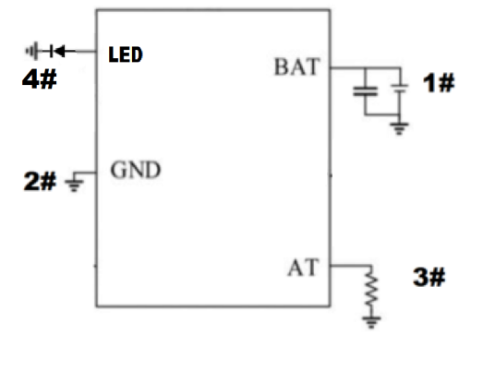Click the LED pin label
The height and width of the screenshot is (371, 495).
(x=126, y=54)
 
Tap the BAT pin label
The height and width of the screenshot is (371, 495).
(x=297, y=66)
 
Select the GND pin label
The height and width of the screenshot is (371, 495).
(x=136, y=170)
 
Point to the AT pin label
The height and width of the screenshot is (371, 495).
(x=302, y=268)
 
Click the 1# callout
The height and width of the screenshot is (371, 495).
(x=439, y=83)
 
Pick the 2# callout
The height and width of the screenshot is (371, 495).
(x=40, y=181)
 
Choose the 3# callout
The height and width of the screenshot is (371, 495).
(x=429, y=277)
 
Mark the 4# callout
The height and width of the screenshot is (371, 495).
(x=40, y=78)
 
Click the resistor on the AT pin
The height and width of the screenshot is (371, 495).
(x=371, y=289)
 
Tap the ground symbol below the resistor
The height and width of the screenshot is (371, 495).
(x=371, y=322)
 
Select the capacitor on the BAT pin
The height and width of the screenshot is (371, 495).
(x=366, y=91)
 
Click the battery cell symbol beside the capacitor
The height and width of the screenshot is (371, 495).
(x=400, y=89)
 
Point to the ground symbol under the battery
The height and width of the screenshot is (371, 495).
(x=399, y=128)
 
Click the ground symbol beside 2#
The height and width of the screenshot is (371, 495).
(x=74, y=185)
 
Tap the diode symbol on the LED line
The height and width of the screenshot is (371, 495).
(x=58, y=51)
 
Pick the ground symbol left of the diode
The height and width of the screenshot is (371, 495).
(x=32, y=51)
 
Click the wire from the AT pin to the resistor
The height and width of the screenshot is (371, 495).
(x=351, y=266)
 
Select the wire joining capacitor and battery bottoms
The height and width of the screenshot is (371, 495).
(x=382, y=114)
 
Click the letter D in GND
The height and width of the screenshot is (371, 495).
(x=151, y=171)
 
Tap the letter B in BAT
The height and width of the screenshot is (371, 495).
(x=281, y=66)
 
